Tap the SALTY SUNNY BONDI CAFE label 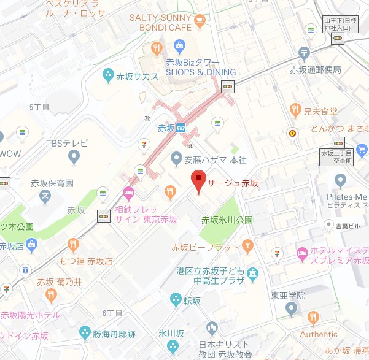click(x=161, y=23)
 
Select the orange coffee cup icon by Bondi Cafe click(x=200, y=23)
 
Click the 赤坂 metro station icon click(x=181, y=128)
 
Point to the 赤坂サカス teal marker click(x=108, y=76)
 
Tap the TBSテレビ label click(x=67, y=144)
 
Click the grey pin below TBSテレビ click(x=74, y=158)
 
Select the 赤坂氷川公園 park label click(x=227, y=220)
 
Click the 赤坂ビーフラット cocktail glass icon click(x=247, y=247)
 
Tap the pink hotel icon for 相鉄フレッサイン click(x=128, y=194)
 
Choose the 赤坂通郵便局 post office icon click(x=303, y=54)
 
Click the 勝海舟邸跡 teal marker click(x=85, y=333)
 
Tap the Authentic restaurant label click(x=319, y=334)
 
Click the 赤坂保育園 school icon click(x=44, y=197)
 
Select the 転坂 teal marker click(x=175, y=299)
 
